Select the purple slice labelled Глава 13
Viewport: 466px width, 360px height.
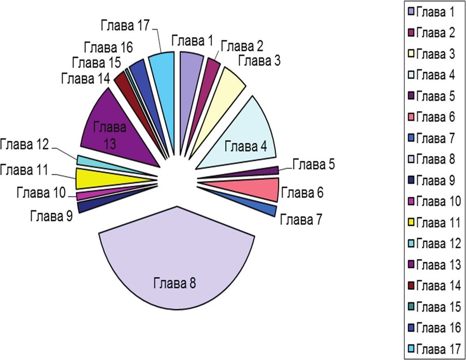coord(111,129)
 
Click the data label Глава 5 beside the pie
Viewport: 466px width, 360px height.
coord(314,165)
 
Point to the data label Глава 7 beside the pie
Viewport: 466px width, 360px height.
coord(301,219)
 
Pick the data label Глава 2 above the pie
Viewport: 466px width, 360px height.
coord(242,46)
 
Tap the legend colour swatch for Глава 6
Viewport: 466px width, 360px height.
coord(411,117)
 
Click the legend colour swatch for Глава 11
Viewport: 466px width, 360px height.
coord(411,222)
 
